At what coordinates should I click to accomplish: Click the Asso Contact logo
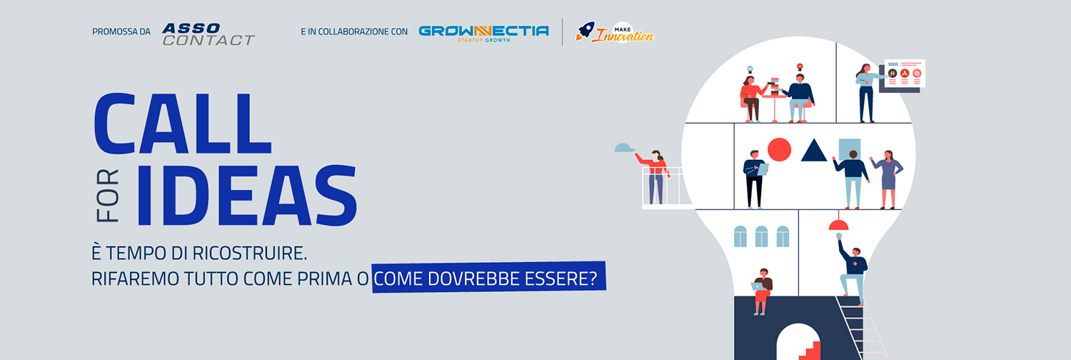pos(208,34)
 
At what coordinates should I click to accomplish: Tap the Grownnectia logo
pos(483,33)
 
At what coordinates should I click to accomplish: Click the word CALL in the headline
pos(183,124)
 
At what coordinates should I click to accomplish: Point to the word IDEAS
pos(247,195)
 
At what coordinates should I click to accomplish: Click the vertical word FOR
pos(108,196)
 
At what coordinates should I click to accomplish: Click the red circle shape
pos(780,149)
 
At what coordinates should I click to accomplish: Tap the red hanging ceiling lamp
pos(838,223)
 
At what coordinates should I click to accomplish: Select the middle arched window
pos(761,236)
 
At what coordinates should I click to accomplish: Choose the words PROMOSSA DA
pos(121,31)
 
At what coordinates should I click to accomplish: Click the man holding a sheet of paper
pos(755,179)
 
